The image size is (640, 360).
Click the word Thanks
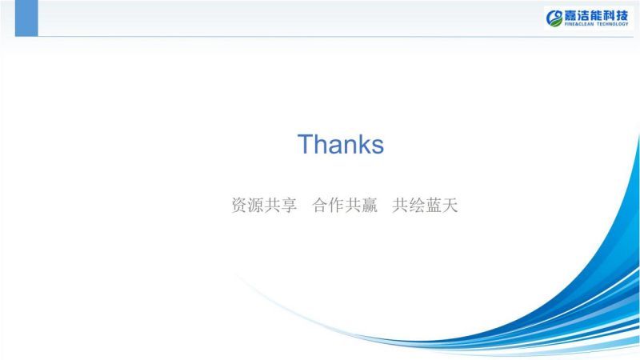tap(341, 144)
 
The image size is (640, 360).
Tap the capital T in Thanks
tap(306, 144)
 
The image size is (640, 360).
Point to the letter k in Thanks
tap(362, 144)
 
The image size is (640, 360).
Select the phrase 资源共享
tap(264, 205)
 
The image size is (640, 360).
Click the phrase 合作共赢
tap(345, 205)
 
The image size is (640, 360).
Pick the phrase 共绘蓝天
tap(425, 205)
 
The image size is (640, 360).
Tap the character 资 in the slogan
tap(239, 205)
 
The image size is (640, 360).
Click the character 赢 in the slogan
tap(370, 205)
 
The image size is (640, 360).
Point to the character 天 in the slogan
tap(450, 205)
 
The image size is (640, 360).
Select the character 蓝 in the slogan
tap(433, 205)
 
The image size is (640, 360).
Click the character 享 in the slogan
tap(289, 205)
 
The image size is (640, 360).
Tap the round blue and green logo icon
tap(554, 18)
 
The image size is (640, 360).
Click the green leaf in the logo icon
tap(555, 22)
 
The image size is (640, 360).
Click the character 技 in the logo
tap(622, 16)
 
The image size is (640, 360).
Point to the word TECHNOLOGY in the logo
tap(613, 24)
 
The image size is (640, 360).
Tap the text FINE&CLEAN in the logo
tap(579, 24)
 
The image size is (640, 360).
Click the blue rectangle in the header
tap(26, 18)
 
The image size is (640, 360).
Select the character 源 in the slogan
tap(256, 205)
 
